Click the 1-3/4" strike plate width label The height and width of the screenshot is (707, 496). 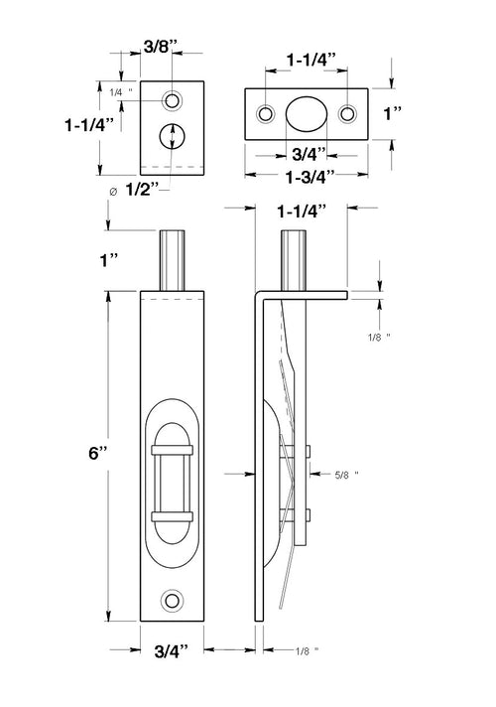click(x=306, y=175)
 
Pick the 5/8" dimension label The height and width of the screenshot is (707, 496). click(x=343, y=475)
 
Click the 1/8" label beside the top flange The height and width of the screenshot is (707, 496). click(x=378, y=338)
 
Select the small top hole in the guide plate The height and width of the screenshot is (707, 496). click(x=174, y=100)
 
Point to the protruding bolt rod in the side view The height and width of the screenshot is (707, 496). click(x=295, y=261)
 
